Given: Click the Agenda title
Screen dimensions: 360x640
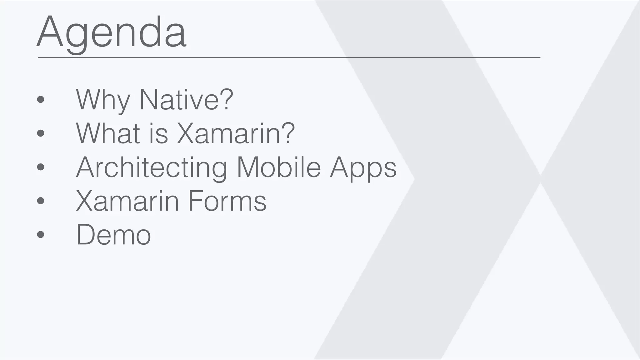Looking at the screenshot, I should [x=112, y=33].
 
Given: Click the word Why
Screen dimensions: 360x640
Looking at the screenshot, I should [x=103, y=100].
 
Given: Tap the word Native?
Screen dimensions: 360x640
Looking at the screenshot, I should [x=186, y=100].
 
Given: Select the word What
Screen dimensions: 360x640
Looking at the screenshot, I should [x=108, y=133].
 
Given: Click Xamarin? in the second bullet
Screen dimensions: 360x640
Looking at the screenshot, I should [x=236, y=133].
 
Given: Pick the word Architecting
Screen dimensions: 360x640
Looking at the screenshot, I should [x=152, y=168].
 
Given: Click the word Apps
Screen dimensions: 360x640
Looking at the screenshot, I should [x=363, y=168].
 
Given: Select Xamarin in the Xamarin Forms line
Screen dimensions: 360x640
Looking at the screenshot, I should [x=127, y=201].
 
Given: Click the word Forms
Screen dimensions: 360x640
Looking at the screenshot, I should [x=227, y=201].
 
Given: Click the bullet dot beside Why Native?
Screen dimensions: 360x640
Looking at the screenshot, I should [x=41, y=100].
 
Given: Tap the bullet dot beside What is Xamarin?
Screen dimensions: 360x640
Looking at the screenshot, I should [x=41, y=133].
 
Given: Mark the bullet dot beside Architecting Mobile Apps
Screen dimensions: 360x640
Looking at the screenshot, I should [x=41, y=167].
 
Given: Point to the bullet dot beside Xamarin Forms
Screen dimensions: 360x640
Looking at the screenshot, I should [x=41, y=201].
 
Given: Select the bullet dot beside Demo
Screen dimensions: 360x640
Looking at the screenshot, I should [x=41, y=234].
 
